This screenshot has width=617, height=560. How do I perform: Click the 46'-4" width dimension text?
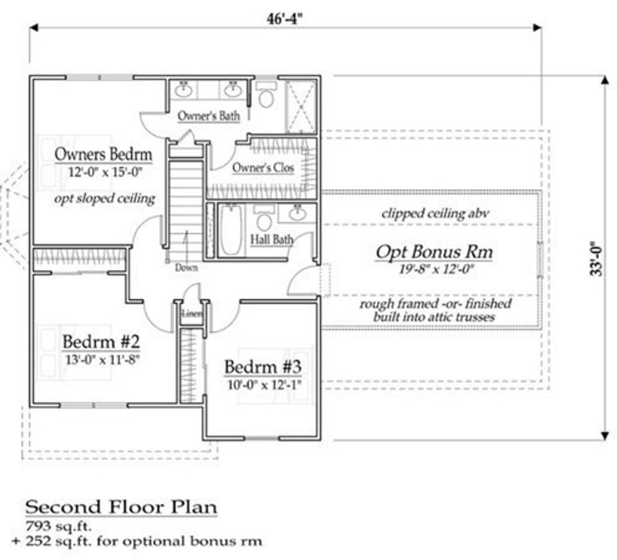(286, 19)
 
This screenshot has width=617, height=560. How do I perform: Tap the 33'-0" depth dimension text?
(597, 259)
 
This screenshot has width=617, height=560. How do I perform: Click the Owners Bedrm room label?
(103, 154)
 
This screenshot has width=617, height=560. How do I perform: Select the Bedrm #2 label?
(101, 342)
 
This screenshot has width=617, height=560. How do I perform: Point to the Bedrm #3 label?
(263, 367)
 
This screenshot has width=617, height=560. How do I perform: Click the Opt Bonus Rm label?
(434, 252)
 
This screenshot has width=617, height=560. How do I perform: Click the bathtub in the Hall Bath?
(230, 230)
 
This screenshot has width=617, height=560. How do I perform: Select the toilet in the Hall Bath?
(264, 217)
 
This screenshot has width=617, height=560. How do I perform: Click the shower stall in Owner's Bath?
(301, 106)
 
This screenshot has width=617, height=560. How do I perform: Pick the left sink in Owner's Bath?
(183, 90)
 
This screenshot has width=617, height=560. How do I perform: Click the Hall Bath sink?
(298, 213)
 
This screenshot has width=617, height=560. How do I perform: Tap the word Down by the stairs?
(186, 268)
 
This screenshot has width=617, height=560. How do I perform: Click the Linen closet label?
(192, 313)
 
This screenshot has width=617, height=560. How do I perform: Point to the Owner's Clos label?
(263, 168)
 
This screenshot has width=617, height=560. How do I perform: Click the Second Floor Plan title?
(121, 508)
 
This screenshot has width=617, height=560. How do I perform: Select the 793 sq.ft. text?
(58, 526)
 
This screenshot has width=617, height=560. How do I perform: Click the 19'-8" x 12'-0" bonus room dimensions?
(436, 269)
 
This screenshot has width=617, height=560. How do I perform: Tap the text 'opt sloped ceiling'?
(105, 198)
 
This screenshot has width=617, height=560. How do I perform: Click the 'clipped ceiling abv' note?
(436, 213)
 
